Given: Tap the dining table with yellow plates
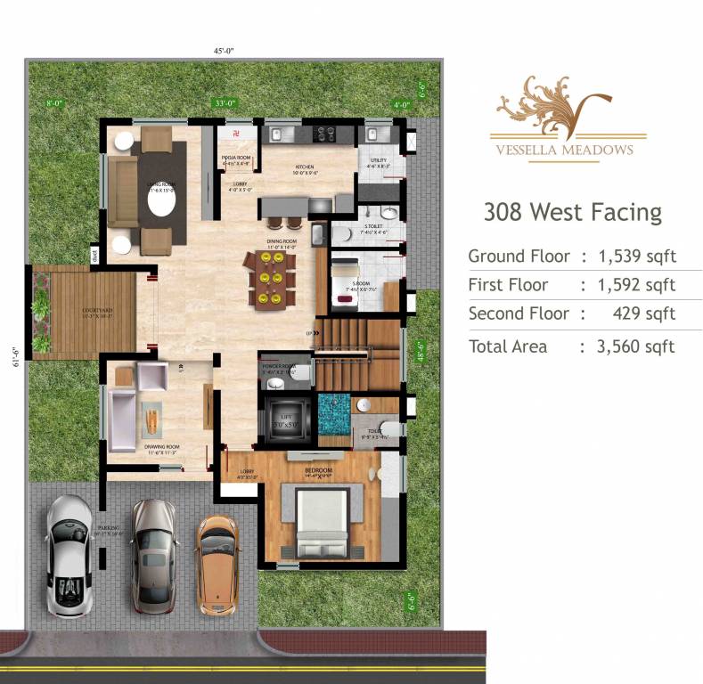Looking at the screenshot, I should [x=271, y=279].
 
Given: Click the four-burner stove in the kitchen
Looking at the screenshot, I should [x=324, y=134].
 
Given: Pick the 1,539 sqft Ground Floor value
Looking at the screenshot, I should [x=637, y=256].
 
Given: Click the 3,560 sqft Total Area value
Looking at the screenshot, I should [x=637, y=346].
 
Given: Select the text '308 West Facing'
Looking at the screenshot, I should [x=572, y=212].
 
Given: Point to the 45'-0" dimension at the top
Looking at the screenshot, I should [x=225, y=52].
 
